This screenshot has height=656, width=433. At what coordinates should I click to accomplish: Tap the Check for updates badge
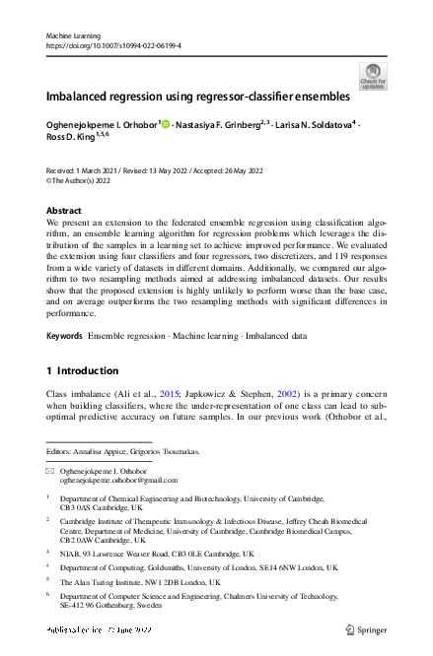tap(373, 76)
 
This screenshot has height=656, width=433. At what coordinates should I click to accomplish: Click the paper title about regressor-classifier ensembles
tap(197, 98)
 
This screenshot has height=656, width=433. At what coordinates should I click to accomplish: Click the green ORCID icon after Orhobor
tap(166, 125)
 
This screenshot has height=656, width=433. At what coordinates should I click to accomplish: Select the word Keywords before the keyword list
tap(65, 336)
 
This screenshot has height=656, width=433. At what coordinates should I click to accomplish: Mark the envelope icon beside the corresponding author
tap(51, 473)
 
